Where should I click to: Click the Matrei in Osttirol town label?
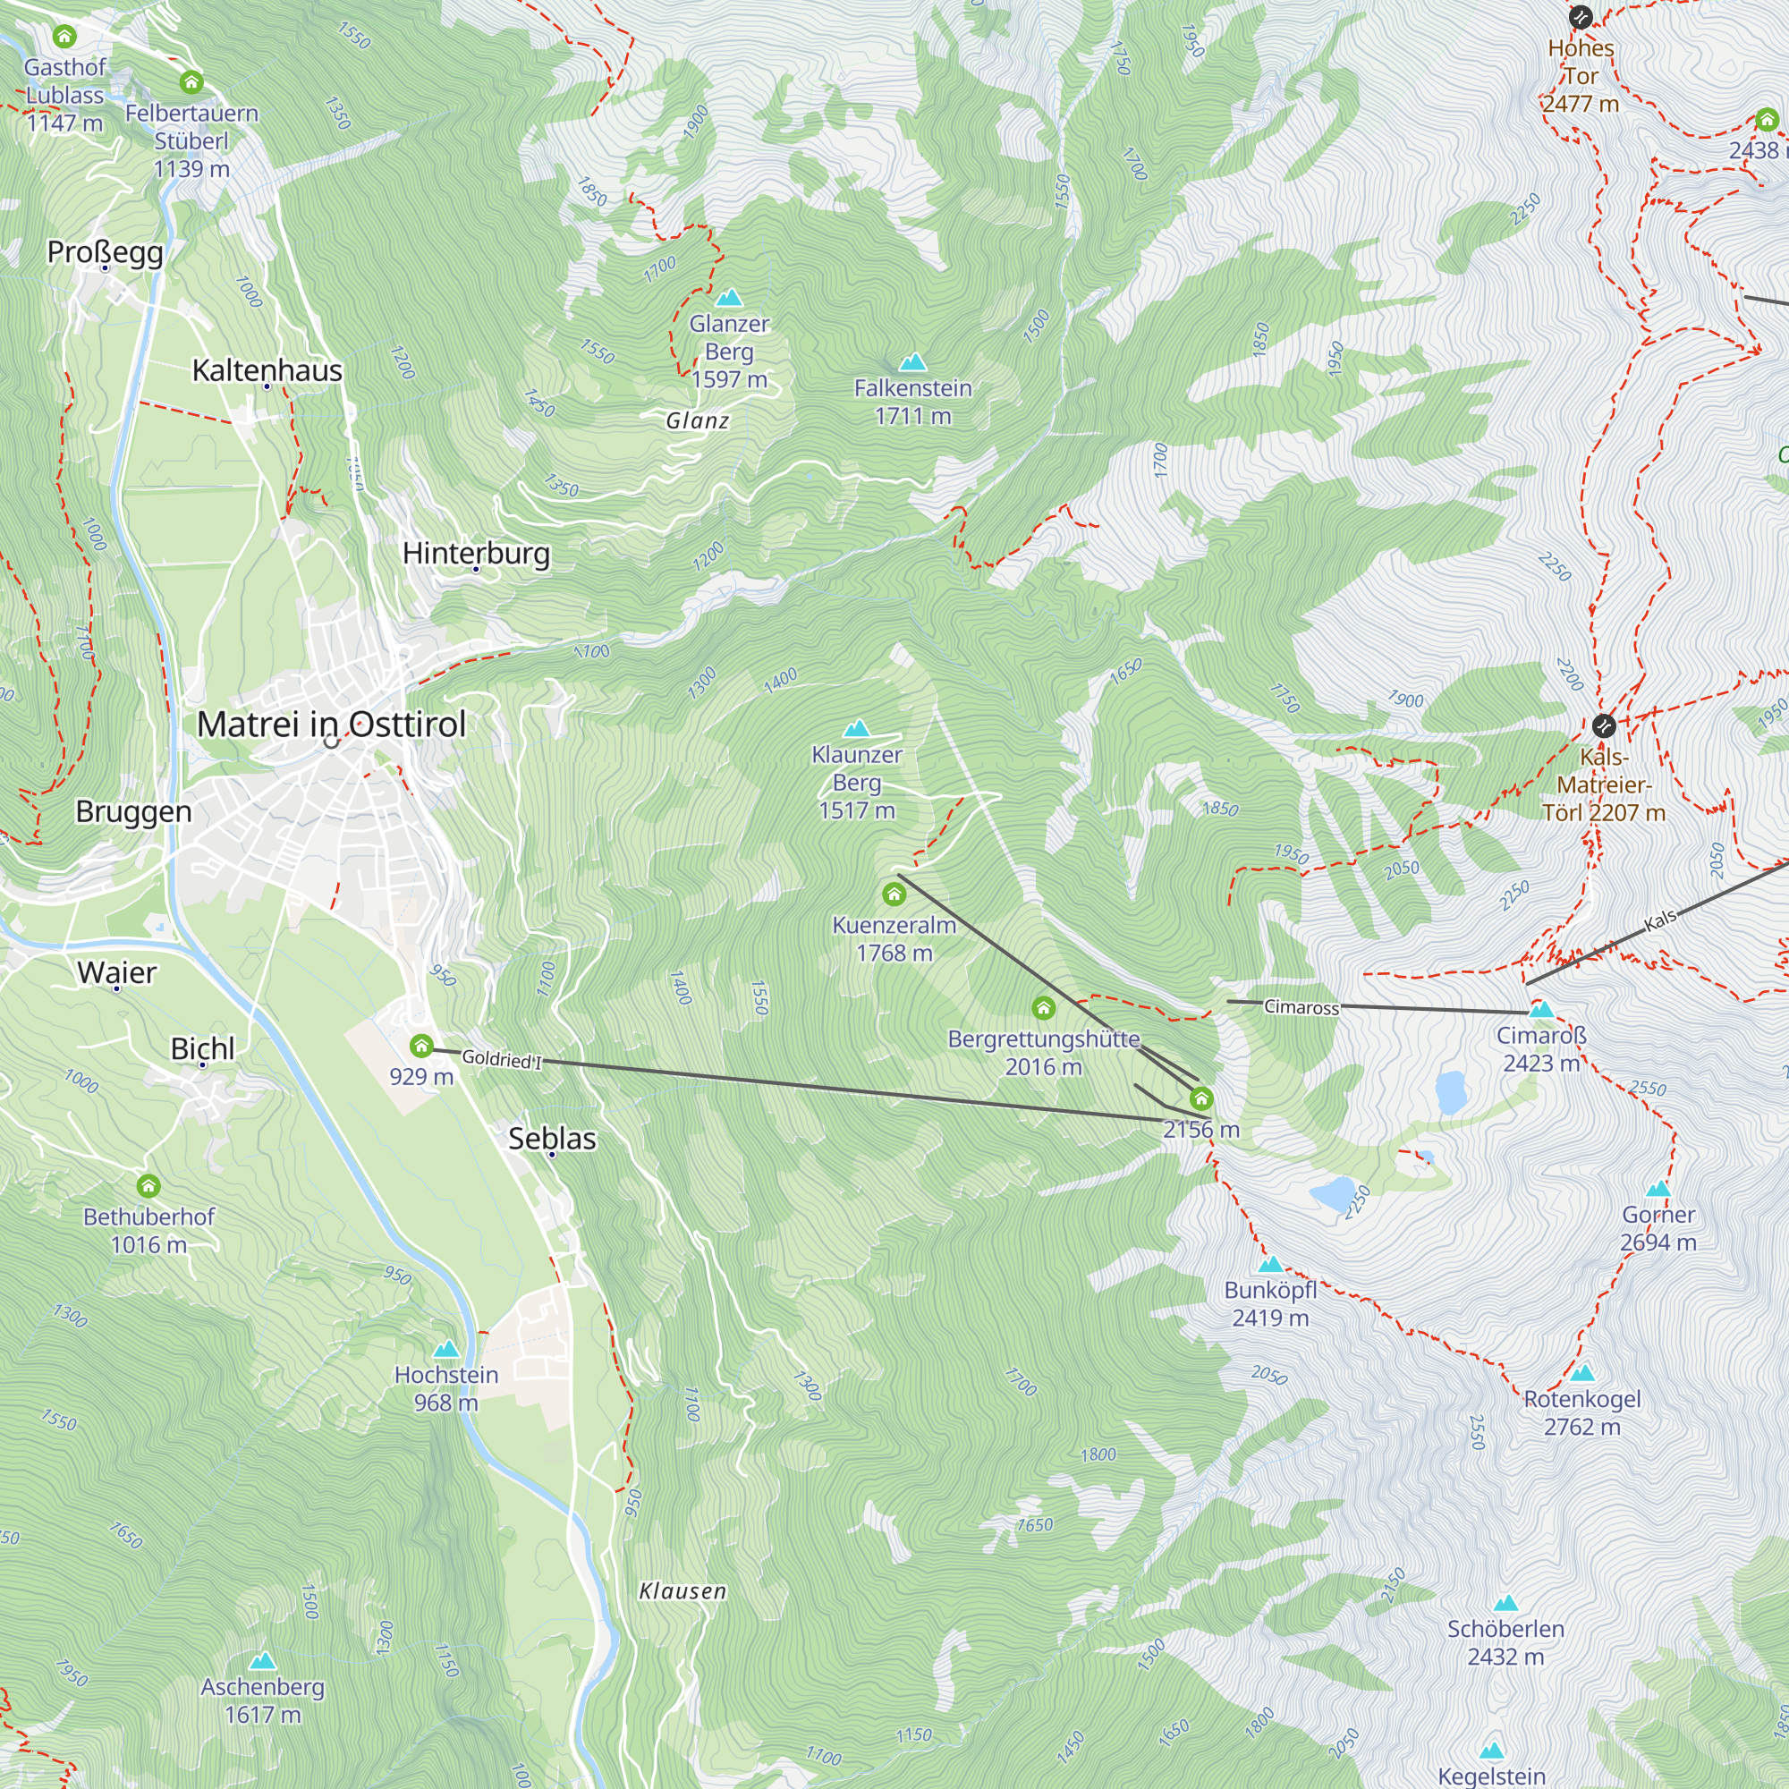pos(332,725)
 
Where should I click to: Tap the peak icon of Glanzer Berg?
pos(730,298)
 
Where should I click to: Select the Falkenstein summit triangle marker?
pos(913,362)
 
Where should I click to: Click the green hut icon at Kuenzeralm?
pos(894,894)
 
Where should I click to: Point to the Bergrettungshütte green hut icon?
pos(1044,1007)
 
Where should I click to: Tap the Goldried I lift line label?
pos(501,1058)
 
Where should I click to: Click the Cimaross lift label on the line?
pos(1301,1007)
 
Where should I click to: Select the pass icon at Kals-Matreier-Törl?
pos(1604,725)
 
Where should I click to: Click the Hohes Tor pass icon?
pos(1581,17)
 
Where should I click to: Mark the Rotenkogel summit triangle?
pos(1582,1373)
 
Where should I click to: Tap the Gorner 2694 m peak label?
pos(1658,1228)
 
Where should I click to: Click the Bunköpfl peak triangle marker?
pos(1270,1265)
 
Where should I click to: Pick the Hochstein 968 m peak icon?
pos(446,1349)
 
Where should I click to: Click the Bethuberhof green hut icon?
pos(148,1185)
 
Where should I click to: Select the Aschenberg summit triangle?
pos(263,1661)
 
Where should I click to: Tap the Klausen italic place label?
pos(683,1590)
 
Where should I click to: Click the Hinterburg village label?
pos(476,553)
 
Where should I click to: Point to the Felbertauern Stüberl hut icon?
pos(191,82)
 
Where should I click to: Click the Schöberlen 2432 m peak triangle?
pos(1505,1603)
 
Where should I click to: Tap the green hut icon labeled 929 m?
pos(421,1047)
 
